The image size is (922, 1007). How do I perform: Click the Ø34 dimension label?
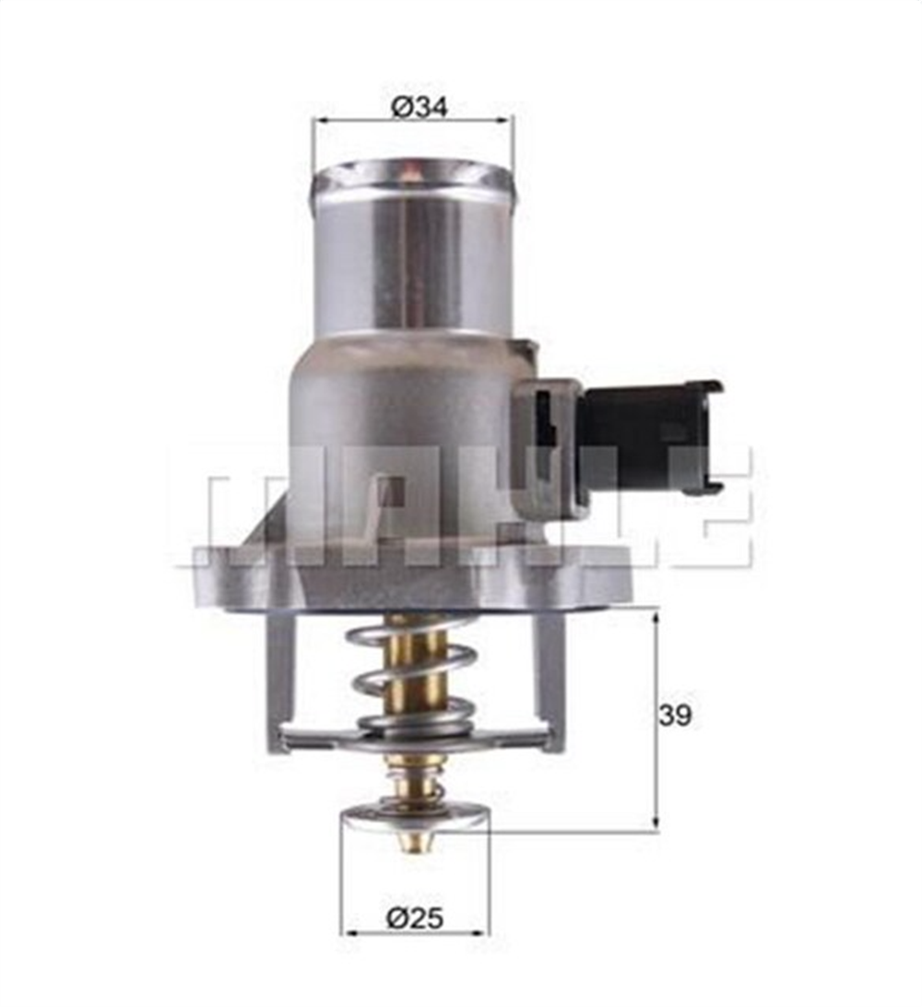click(x=419, y=107)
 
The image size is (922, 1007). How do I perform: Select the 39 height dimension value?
click(x=675, y=716)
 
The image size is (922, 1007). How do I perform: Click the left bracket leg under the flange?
click(x=279, y=678)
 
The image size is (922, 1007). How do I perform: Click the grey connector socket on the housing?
click(x=548, y=443)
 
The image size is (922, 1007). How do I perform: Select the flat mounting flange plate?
click(x=415, y=576)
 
